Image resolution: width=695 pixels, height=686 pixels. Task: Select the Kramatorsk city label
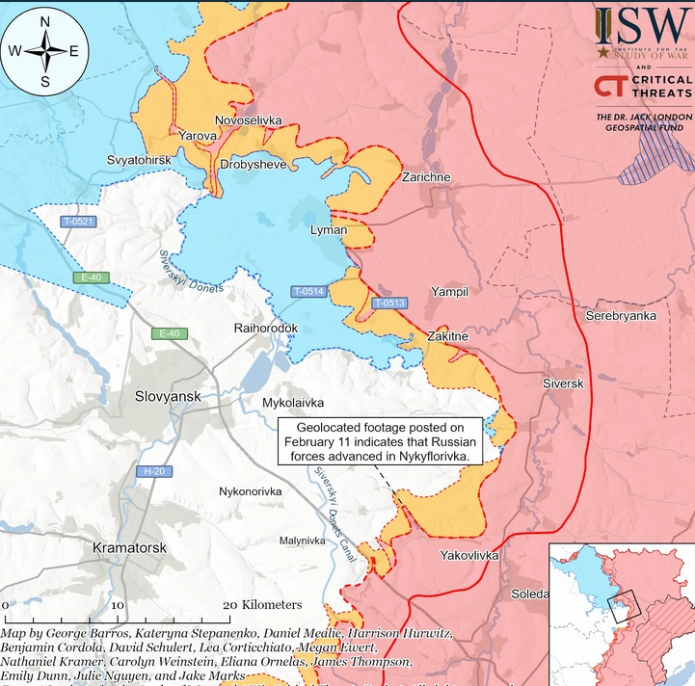(129, 547)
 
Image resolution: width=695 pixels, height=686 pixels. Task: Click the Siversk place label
(564, 383)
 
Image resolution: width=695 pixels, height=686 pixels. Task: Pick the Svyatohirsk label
(140, 159)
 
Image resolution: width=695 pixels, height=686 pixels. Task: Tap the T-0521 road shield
(78, 222)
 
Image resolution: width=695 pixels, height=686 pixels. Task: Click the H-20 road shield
(151, 471)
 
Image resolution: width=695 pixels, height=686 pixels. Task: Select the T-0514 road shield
(309, 291)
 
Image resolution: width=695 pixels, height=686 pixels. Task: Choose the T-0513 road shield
(389, 303)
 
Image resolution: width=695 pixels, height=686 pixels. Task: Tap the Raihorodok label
(266, 329)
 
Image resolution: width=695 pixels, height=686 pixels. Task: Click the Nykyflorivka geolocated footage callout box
(380, 441)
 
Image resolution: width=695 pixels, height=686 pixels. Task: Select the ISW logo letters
(641, 22)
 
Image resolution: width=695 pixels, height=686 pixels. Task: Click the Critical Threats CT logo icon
(610, 87)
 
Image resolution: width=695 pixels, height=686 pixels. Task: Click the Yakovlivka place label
(469, 556)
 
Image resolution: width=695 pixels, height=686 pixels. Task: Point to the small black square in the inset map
(625, 605)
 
